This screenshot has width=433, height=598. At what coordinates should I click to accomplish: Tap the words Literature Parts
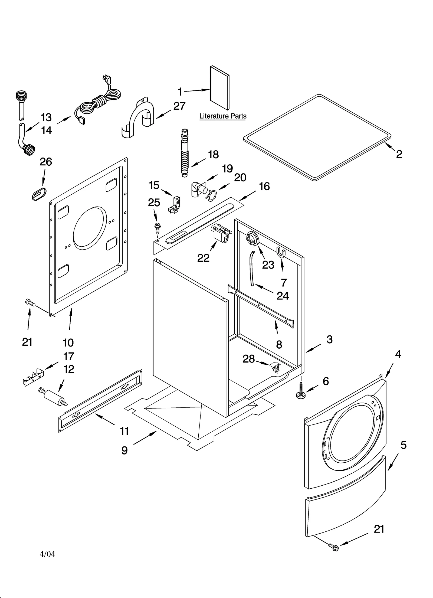(x=223, y=116)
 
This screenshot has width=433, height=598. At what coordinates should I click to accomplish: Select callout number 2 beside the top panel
(x=399, y=154)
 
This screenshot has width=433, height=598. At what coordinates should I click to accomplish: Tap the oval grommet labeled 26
(x=39, y=193)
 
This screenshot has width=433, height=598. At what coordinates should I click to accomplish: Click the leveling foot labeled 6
(x=300, y=394)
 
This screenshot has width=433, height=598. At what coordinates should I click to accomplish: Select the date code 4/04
(x=47, y=554)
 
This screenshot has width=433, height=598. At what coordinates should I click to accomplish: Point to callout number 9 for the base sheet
(x=124, y=450)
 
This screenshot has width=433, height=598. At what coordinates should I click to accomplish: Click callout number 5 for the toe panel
(x=403, y=445)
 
